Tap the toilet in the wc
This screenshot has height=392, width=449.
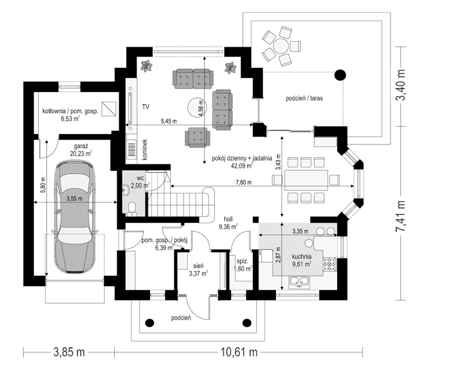pos(131,208)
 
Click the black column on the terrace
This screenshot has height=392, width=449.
pos(340,75)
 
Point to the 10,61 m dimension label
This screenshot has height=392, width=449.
pos(239,352)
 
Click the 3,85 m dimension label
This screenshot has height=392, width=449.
pos(69,352)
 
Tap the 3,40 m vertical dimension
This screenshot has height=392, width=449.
pos(400,85)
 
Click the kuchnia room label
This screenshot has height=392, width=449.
pos(302,257)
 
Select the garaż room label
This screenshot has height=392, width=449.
pos(81,147)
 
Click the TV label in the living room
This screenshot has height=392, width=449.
pos(146,107)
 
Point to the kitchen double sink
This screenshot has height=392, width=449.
pos(299,281)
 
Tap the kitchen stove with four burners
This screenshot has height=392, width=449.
pos(329,264)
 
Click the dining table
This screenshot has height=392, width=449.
pos(306,180)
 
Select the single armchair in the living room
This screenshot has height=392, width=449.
pos(198,138)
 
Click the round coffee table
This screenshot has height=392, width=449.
pos(196,107)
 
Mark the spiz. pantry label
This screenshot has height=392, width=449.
pos(242,261)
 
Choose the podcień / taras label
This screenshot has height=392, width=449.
pos(304,98)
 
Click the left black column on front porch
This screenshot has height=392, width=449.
pos(150,323)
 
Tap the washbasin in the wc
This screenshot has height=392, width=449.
pos(126,189)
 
